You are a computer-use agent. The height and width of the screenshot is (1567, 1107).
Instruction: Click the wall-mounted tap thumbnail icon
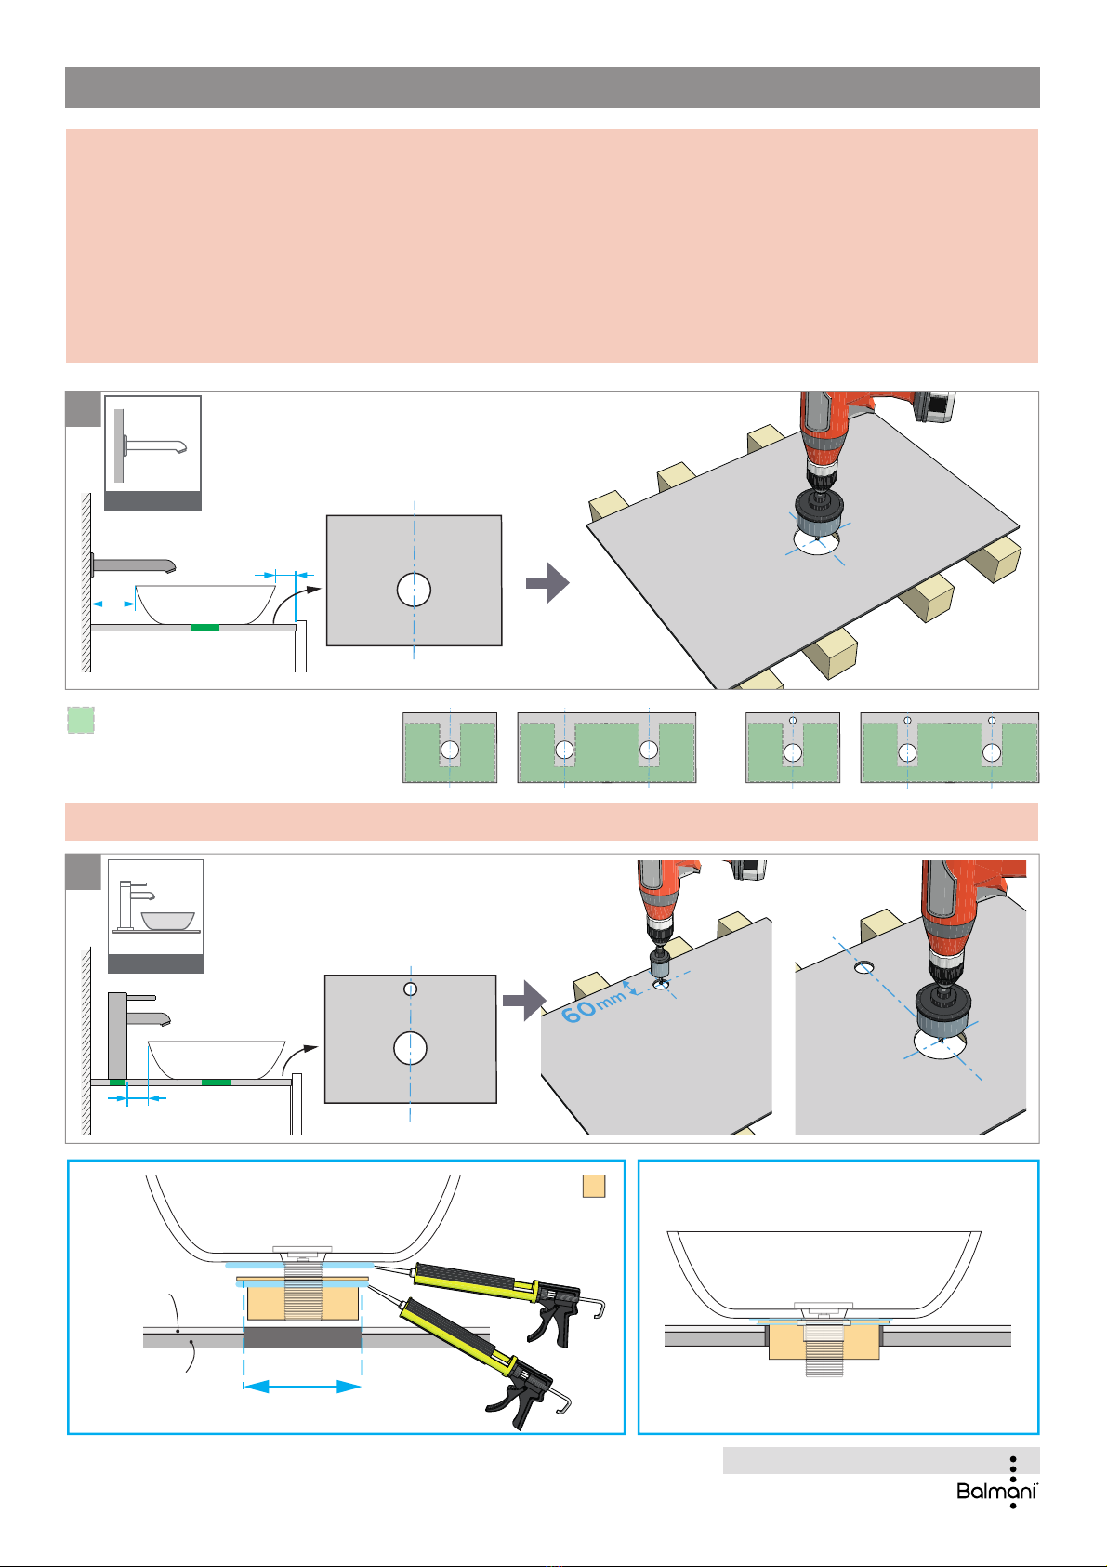click(x=152, y=445)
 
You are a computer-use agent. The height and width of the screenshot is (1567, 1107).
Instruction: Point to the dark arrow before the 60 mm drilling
click(x=521, y=1000)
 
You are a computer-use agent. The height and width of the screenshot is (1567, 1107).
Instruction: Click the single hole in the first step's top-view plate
click(x=414, y=590)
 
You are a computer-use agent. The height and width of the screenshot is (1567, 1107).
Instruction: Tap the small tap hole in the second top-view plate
click(x=410, y=989)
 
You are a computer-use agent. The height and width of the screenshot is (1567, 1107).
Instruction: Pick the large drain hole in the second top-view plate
click(x=410, y=1048)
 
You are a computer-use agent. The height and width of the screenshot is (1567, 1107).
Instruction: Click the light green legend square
click(x=81, y=721)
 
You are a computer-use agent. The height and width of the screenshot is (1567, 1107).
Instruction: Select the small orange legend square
click(x=593, y=1186)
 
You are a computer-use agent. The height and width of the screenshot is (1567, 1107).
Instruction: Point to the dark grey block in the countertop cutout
click(x=302, y=1337)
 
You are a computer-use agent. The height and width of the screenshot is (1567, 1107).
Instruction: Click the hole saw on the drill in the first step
click(x=815, y=519)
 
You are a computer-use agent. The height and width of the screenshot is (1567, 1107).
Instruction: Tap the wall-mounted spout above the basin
click(x=134, y=564)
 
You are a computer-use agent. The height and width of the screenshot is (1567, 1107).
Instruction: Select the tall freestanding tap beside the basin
click(x=119, y=1035)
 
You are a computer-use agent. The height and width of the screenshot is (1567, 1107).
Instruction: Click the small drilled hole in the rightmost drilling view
click(x=864, y=967)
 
